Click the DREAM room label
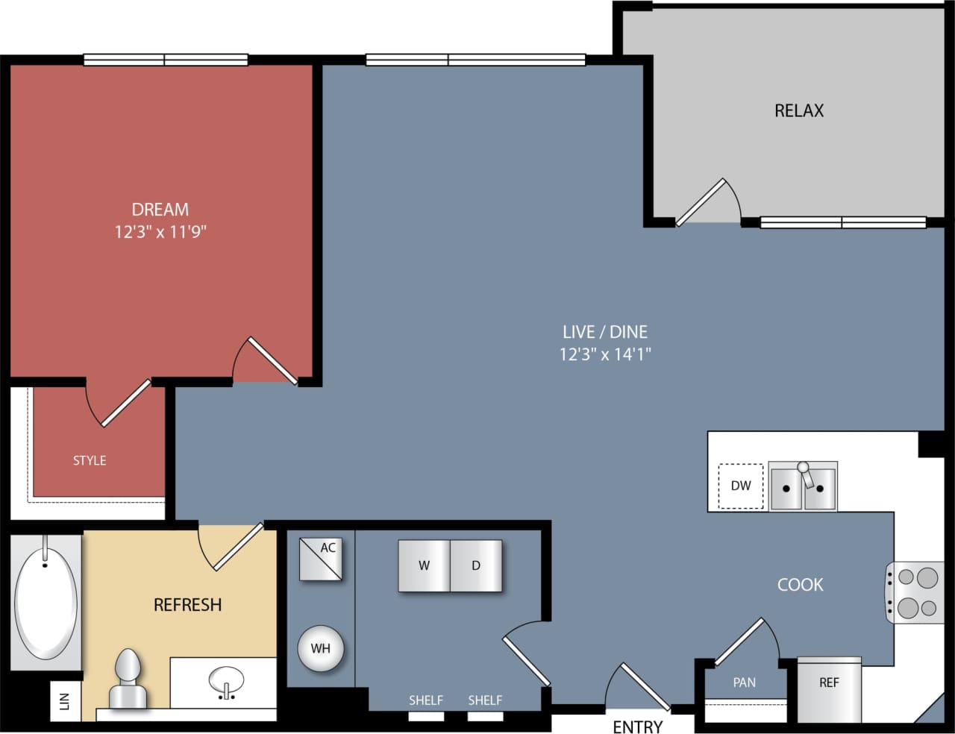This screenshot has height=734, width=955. (x=160, y=210)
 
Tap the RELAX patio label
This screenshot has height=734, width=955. (x=799, y=110)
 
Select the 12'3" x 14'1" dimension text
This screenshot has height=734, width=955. (x=605, y=354)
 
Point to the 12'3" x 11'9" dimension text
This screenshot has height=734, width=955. (x=160, y=232)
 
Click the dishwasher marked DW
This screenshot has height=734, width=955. (x=741, y=486)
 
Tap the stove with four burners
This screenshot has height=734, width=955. (x=916, y=592)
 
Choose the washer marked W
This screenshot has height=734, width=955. (x=424, y=566)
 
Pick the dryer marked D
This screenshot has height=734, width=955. (x=476, y=566)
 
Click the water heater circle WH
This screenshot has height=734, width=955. (x=321, y=648)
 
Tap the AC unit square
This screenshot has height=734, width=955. (x=322, y=559)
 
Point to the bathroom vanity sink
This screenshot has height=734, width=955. (x=226, y=682)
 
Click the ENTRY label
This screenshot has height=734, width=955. (x=637, y=727)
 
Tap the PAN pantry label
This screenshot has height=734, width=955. (x=744, y=683)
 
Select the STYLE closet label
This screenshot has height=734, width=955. (x=90, y=461)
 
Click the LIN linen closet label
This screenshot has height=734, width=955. (x=64, y=701)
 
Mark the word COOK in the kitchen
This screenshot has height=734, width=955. (x=800, y=585)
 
